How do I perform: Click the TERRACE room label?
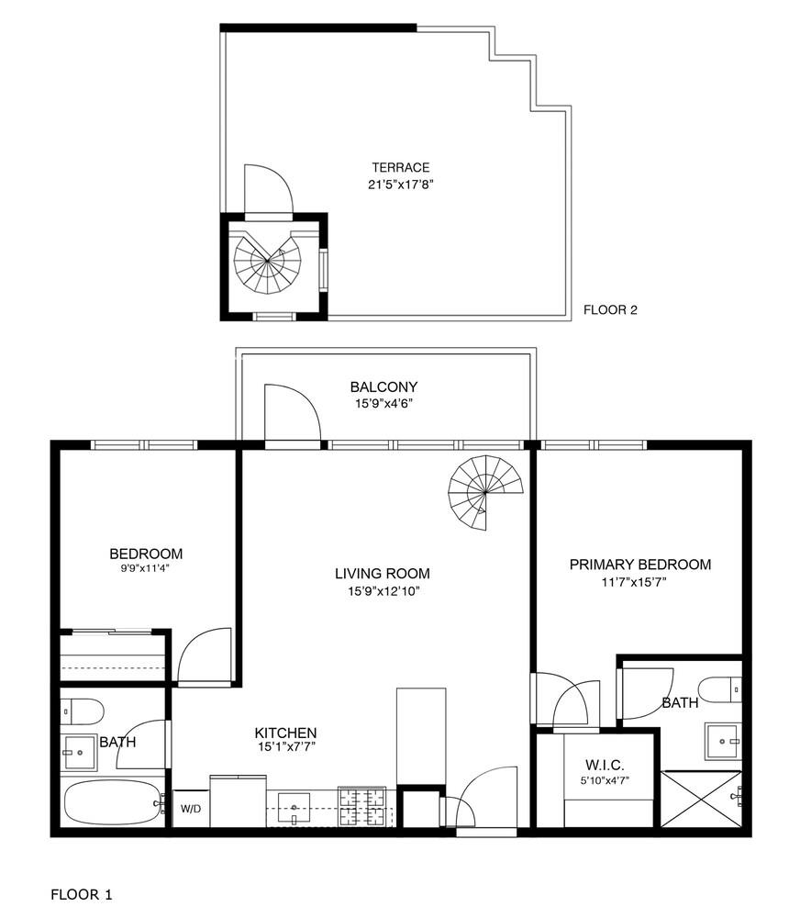pyautogui.click(x=400, y=167)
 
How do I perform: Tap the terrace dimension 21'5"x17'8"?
pyautogui.click(x=400, y=184)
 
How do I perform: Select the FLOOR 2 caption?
pyautogui.click(x=610, y=310)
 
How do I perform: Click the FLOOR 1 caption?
pyautogui.click(x=81, y=893)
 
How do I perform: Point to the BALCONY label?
pyautogui.click(x=383, y=386)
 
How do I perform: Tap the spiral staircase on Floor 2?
pyautogui.click(x=267, y=263)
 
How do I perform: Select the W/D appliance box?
pyautogui.click(x=191, y=809)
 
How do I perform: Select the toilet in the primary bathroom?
pyautogui.click(x=719, y=688)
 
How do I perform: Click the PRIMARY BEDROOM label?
pyautogui.click(x=639, y=565)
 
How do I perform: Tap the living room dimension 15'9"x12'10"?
pyautogui.click(x=382, y=590)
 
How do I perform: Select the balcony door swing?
pyautogui.click(x=291, y=413)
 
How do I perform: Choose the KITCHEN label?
pyautogui.click(x=285, y=733)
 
